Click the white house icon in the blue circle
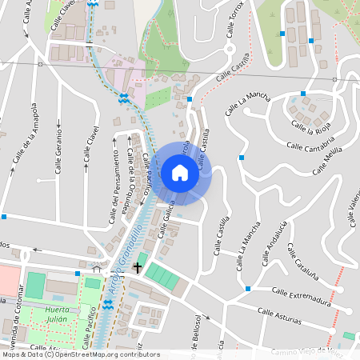[180, 172]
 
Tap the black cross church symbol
[138, 266]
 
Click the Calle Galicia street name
[168, 220]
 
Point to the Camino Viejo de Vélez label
[312, 351]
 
